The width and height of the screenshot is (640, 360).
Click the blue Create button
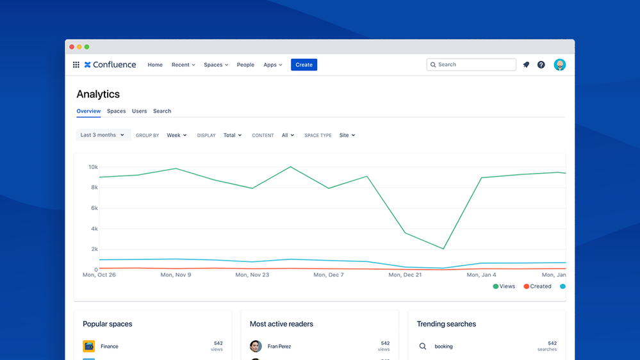(304, 65)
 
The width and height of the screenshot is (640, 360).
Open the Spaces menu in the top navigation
(216, 65)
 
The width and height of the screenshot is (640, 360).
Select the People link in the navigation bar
(245, 65)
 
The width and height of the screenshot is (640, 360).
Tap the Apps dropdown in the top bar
(273, 65)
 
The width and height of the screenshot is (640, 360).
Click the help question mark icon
(541, 65)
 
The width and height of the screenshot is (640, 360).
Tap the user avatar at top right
(560, 65)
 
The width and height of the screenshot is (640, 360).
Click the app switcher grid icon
(76, 65)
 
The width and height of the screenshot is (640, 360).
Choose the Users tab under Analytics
(140, 111)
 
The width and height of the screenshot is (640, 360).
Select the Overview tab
(88, 111)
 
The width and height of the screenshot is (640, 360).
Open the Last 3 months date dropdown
(103, 135)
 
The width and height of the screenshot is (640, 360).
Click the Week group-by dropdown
(177, 135)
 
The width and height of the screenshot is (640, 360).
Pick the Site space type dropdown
(347, 135)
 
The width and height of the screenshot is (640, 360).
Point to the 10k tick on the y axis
(94, 167)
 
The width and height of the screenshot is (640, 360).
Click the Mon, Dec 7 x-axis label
(328, 275)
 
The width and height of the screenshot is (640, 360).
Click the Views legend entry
(504, 286)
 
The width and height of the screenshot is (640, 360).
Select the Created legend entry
(537, 286)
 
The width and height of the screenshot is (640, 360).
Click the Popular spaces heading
(108, 324)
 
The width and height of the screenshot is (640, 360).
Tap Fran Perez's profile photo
(256, 346)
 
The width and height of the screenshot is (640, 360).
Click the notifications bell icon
(526, 65)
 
